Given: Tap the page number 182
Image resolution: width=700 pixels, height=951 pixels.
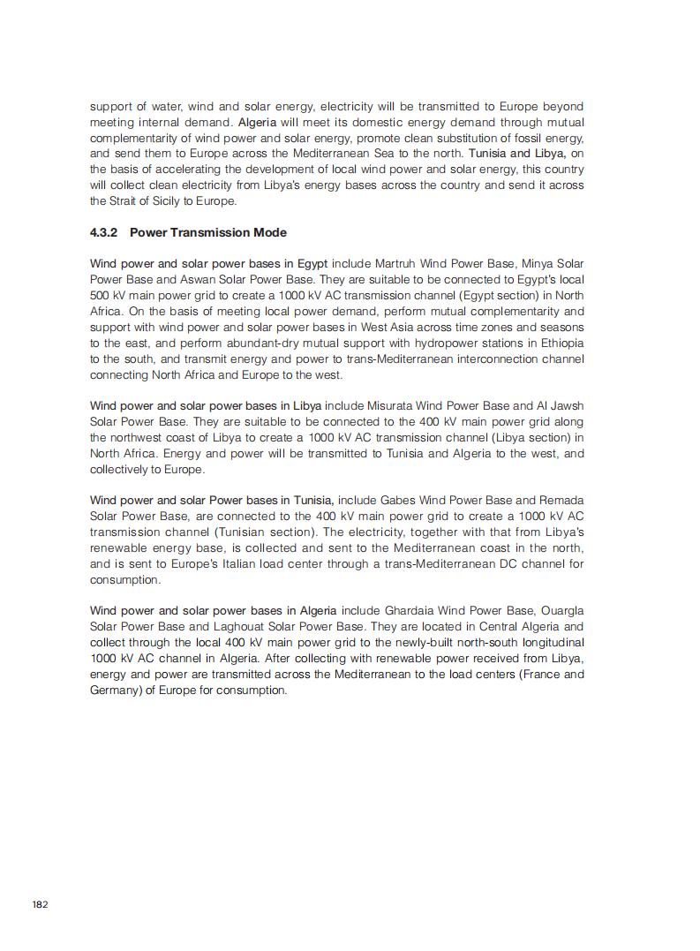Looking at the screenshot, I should [40, 904].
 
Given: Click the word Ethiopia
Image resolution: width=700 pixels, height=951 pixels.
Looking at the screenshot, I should [558, 343].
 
